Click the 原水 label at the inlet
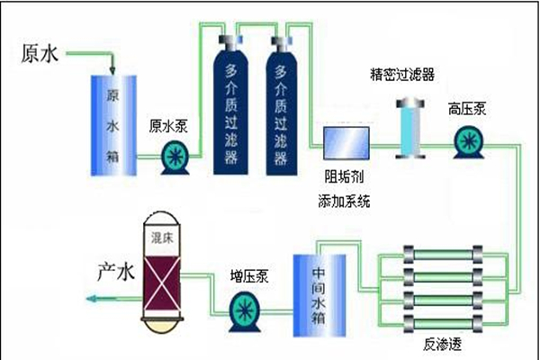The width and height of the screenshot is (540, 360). pos(38,53)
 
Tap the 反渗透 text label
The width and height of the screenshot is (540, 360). pos(445,346)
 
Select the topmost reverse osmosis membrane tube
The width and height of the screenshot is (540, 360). pos(445,258)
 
